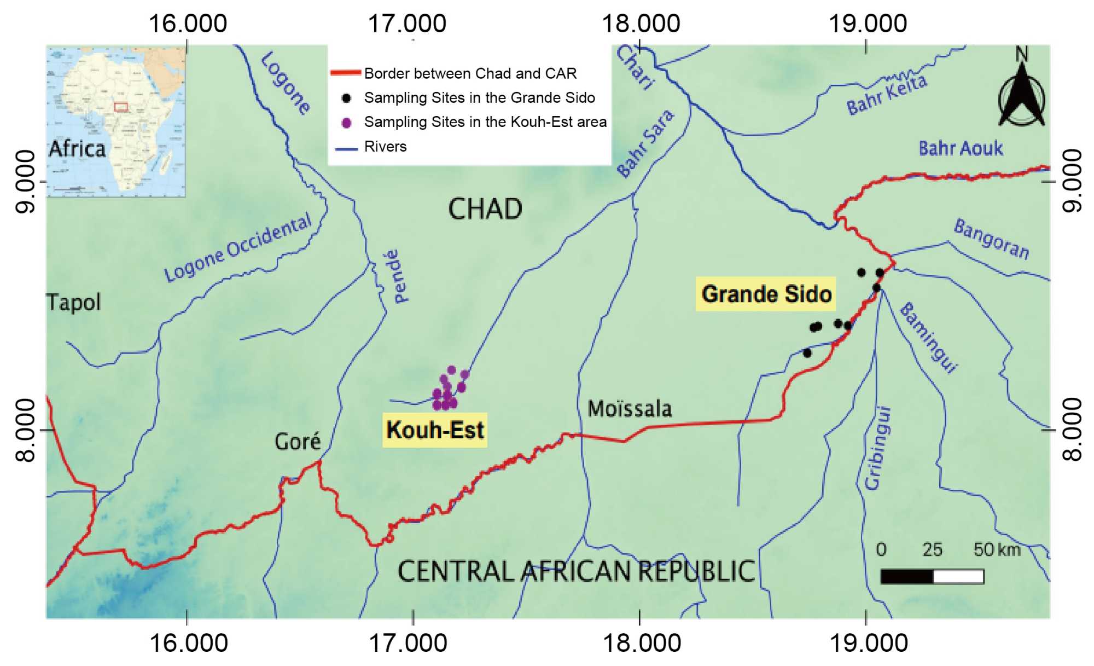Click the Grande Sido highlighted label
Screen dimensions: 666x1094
766,294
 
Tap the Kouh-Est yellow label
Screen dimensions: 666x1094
435,430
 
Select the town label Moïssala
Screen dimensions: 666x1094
630,409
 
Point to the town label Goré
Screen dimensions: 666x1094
298,441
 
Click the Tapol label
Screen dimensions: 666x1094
74,302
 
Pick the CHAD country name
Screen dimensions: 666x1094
485,209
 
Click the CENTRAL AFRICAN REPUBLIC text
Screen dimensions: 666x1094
576,571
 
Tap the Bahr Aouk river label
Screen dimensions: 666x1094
961,148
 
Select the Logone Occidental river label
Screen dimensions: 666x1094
238,248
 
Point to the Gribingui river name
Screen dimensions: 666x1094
877,448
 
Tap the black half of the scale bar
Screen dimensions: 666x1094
906,577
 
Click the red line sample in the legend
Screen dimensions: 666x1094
346,73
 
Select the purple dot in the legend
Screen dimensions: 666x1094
346,123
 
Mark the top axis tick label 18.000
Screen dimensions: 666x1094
641,24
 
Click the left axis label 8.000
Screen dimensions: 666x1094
25,430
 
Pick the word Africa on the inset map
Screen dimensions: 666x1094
77,149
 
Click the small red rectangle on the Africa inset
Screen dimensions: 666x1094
121,107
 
